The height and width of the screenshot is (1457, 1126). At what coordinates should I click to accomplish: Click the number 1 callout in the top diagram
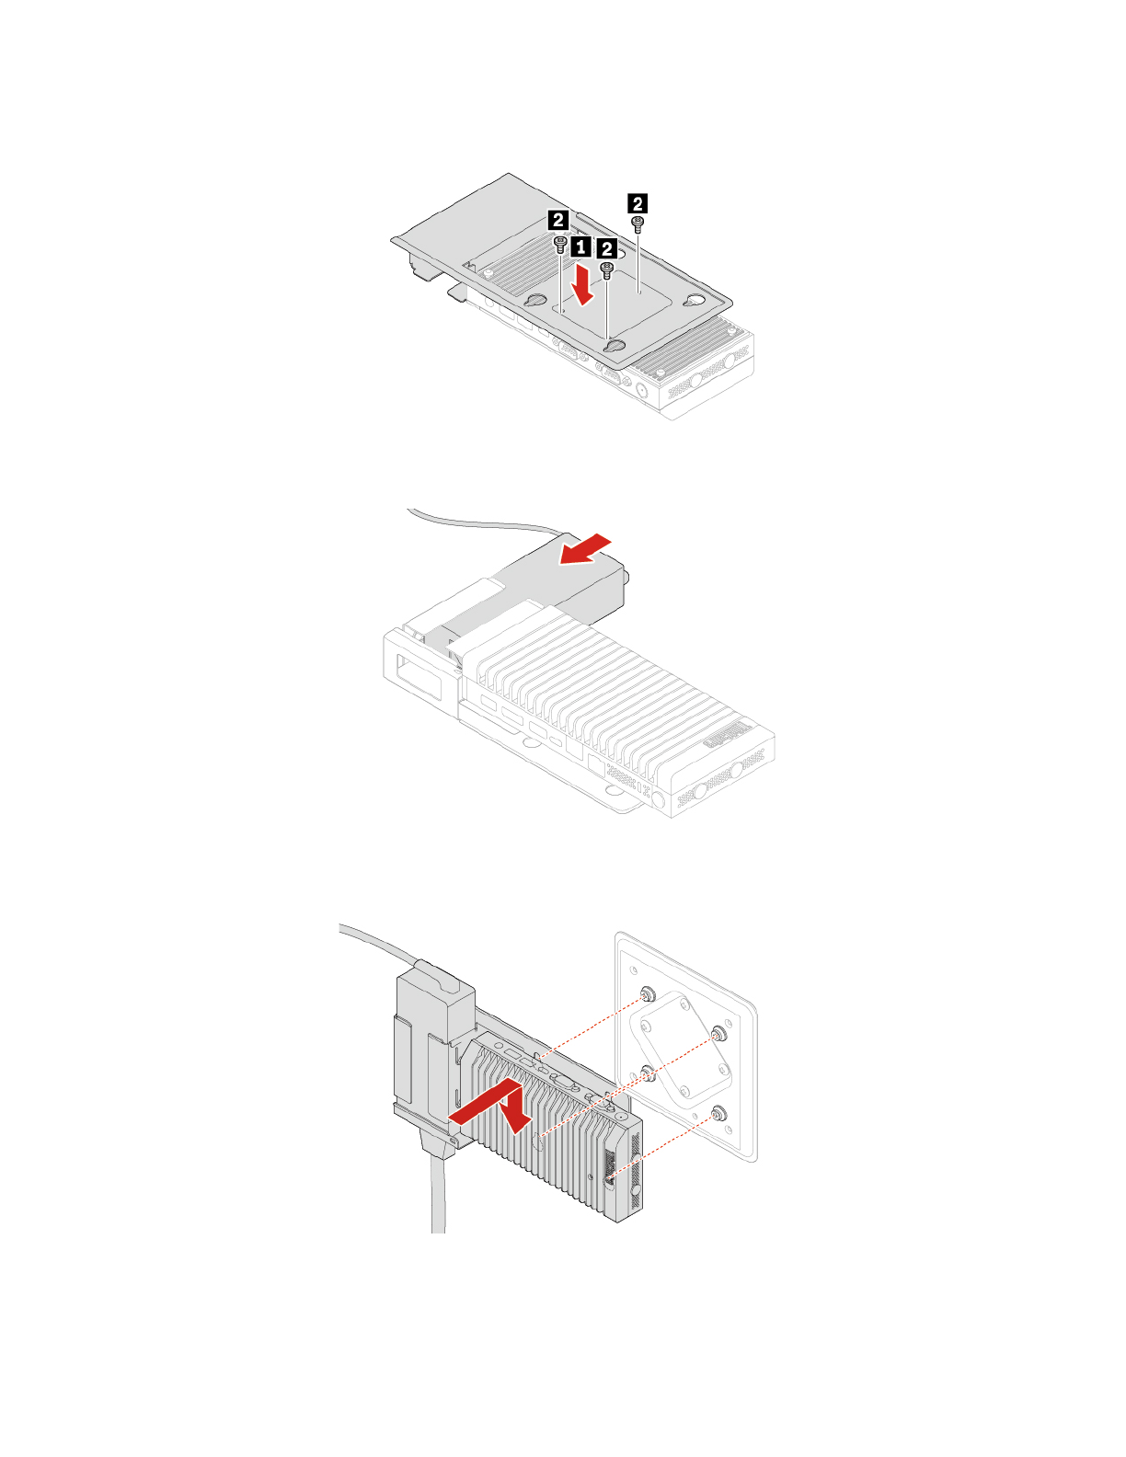click(x=580, y=247)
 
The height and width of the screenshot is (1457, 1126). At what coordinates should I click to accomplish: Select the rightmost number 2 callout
click(x=637, y=202)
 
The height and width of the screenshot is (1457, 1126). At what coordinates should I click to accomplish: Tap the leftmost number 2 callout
click(x=557, y=220)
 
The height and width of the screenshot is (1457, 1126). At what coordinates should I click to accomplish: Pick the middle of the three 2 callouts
click(x=606, y=249)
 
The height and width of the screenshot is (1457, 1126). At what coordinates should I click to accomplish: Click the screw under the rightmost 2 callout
click(x=638, y=222)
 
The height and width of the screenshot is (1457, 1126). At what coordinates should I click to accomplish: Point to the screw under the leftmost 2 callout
click(x=560, y=243)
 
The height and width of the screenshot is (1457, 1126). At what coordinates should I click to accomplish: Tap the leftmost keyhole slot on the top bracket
click(x=534, y=302)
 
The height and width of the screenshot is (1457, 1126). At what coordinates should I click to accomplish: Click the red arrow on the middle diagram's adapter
click(x=585, y=548)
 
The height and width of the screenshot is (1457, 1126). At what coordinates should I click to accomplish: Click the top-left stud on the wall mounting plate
click(x=647, y=994)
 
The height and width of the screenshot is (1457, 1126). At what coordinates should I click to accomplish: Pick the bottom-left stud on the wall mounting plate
click(x=648, y=1073)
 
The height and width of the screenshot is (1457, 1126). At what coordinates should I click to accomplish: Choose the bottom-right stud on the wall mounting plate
click(x=718, y=1114)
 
